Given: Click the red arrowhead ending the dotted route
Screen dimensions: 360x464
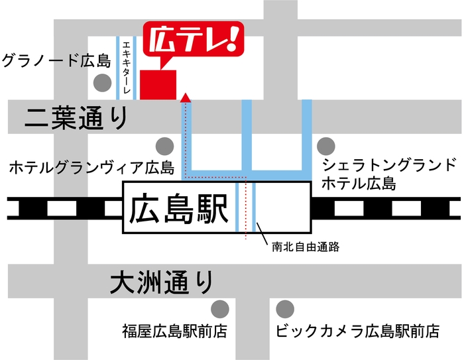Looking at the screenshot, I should [187, 98].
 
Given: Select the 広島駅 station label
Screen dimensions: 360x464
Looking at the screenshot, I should [176, 208].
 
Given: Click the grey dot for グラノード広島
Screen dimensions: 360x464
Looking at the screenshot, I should [102, 83].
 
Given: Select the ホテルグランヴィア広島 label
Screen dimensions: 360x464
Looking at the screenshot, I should [91, 168].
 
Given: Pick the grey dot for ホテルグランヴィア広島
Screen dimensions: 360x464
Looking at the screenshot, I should [164, 146].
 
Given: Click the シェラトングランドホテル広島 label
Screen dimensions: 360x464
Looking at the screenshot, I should [388, 174].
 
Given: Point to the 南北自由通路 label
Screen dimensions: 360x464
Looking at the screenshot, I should [306, 247].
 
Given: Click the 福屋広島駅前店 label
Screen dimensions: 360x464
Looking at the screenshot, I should [174, 330].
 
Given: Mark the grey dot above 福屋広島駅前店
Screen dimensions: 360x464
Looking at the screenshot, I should [219, 308].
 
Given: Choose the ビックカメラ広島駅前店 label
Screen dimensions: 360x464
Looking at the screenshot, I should [358, 330].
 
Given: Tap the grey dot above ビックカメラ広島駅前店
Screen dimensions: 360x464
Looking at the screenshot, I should [285, 308].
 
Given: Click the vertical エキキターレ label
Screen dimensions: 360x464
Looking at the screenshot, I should [126, 66].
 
